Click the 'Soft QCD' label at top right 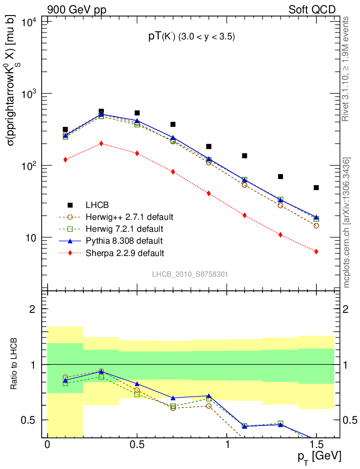[312, 9]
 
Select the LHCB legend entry [96, 205]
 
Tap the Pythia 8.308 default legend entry [124, 240]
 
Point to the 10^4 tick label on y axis [29, 22]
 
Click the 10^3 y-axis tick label [29, 94]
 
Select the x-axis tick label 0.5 [137, 445]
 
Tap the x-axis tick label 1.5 [316, 445]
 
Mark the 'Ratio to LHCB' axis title [15, 364]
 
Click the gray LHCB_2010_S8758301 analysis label [190, 274]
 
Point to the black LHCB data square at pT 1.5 [316, 188]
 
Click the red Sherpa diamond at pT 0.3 [101, 143]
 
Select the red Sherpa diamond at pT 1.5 [316, 251]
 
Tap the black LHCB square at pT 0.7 [173, 124]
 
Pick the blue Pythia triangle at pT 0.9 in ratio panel [209, 396]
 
